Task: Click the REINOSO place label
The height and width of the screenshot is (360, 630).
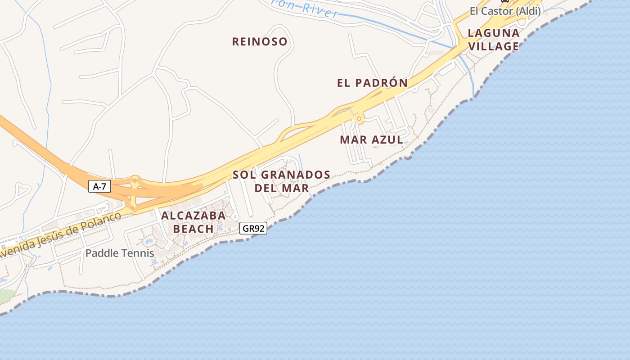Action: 260,42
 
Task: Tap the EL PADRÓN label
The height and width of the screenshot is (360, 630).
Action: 372,83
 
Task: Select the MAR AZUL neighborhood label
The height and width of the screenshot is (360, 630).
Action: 371,139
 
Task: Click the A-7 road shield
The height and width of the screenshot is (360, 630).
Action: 99,186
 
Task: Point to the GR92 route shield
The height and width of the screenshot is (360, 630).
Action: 253,229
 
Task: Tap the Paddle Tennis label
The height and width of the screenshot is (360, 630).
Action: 120,253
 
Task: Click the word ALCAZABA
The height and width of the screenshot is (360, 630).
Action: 193,216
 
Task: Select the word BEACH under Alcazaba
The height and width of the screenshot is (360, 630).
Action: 193,229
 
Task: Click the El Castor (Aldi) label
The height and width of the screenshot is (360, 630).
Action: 505,11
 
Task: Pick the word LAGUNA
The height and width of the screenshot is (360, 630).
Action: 494,33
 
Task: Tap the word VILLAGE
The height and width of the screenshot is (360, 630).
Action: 494,46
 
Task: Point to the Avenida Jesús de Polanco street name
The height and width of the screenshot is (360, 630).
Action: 58,235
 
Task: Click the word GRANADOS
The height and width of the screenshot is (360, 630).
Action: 296,175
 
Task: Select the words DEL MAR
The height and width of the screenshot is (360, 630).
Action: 282,188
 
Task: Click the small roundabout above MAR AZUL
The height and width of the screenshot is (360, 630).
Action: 359,119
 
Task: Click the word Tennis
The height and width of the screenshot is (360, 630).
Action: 138,253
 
